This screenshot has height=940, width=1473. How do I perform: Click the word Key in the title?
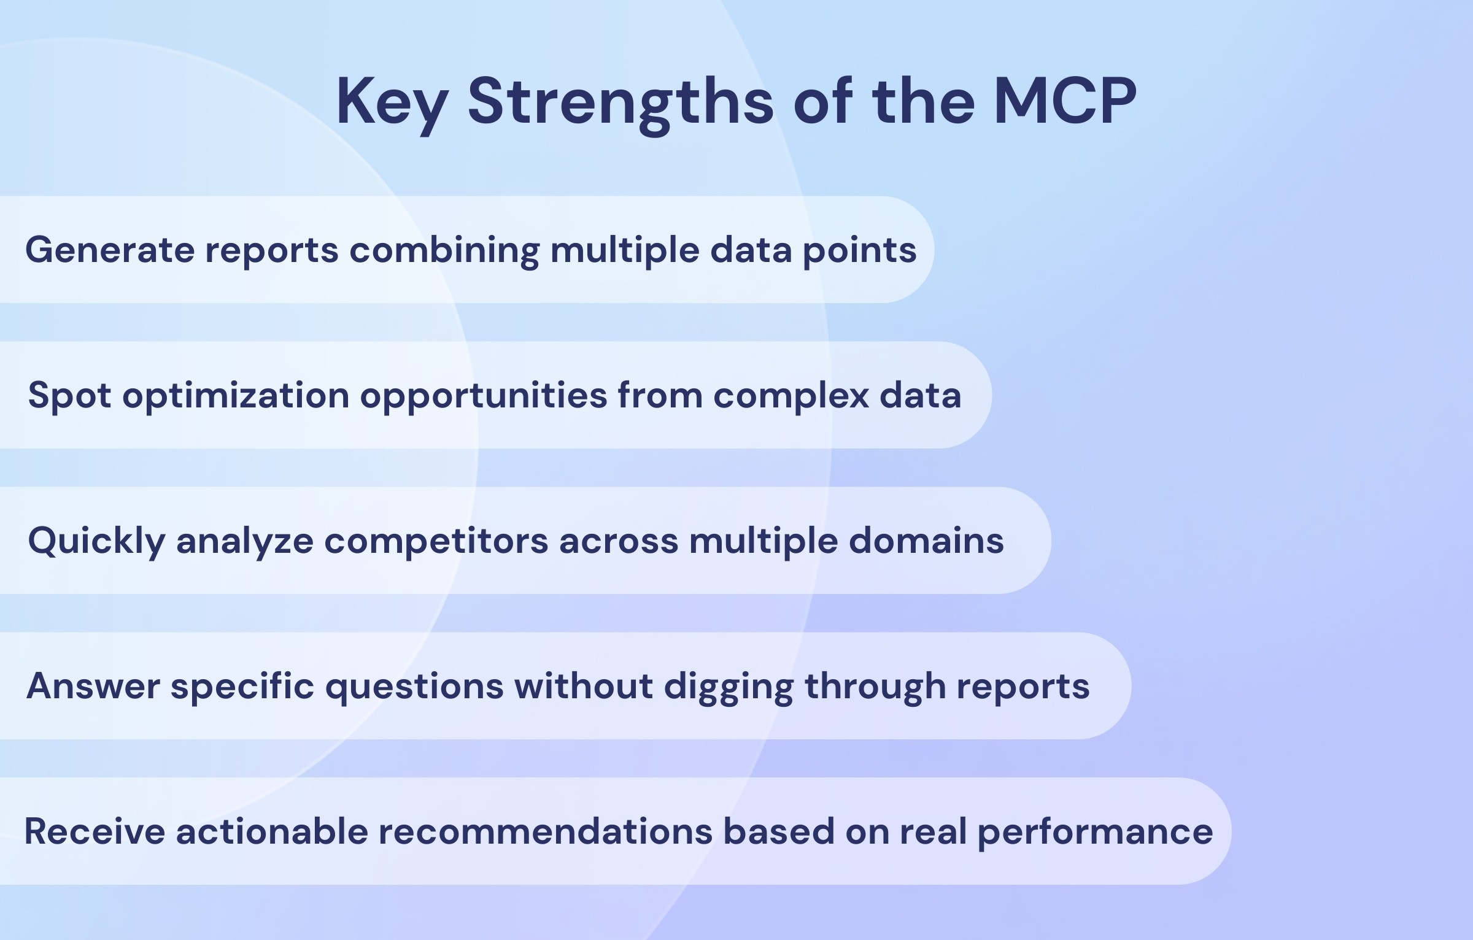tap(392, 102)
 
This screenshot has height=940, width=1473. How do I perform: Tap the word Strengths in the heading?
tap(620, 102)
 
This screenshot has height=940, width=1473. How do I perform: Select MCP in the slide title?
tap(1065, 102)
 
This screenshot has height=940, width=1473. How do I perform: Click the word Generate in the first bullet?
tap(109, 250)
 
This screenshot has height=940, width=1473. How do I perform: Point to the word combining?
tap(444, 250)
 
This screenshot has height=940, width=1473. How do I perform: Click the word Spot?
tap(69, 395)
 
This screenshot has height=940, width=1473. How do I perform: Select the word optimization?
tap(236, 395)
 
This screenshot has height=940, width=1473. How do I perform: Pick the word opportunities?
tap(484, 395)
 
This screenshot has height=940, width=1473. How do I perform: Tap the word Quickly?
tap(96, 541)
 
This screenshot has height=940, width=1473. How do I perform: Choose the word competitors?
tap(436, 541)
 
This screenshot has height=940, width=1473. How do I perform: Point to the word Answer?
tap(93, 686)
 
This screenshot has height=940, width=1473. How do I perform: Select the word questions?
tap(414, 686)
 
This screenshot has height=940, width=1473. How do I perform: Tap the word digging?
tap(729, 686)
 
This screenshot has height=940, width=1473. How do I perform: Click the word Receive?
tap(95, 832)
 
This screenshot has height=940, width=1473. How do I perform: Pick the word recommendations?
tap(545, 832)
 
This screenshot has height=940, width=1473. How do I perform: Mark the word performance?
tap(1095, 832)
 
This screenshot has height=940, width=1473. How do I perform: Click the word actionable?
tap(271, 832)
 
